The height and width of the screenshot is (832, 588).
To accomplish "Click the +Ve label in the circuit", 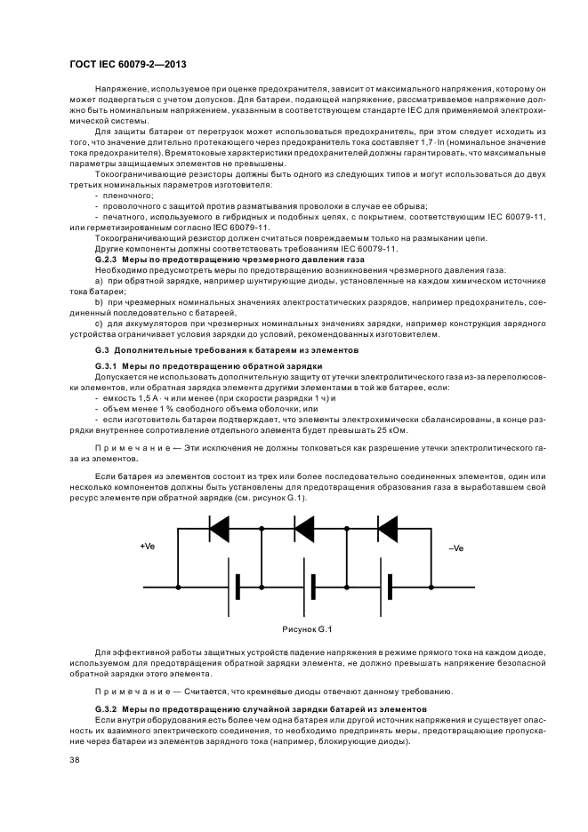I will (149, 547).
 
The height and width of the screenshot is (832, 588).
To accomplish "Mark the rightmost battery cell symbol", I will (389, 588).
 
